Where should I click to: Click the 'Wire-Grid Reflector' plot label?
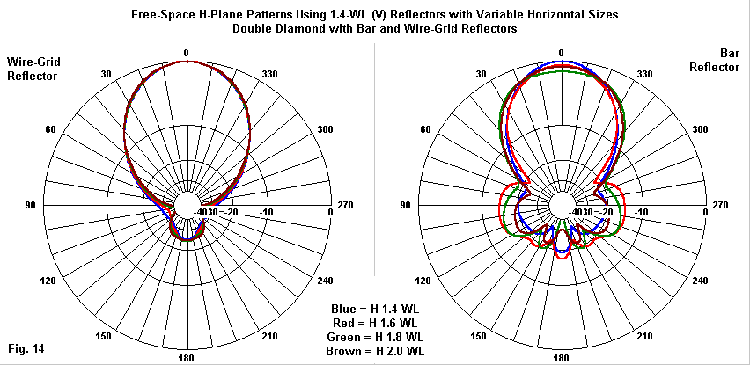click(x=33, y=69)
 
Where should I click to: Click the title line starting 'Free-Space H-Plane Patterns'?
click(x=374, y=15)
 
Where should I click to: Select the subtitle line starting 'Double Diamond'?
click(x=374, y=28)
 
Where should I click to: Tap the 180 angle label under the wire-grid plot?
click(x=187, y=359)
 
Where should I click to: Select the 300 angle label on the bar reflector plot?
click(x=699, y=129)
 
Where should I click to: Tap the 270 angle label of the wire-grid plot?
click(x=345, y=206)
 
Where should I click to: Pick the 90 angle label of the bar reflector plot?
click(x=406, y=206)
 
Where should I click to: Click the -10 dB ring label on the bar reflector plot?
click(x=642, y=212)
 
